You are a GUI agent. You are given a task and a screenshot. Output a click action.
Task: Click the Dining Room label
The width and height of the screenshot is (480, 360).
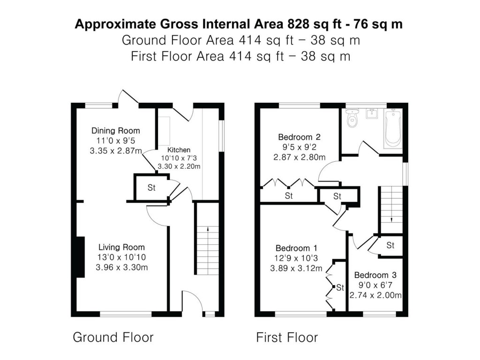coord(115,131)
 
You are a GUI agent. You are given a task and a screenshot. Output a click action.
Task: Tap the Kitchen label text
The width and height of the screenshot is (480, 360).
coord(178,150)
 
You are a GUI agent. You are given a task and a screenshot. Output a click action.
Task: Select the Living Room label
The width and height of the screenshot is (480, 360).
coord(121,247)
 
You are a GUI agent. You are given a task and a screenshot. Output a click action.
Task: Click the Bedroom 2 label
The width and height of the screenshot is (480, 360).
coord(299,137)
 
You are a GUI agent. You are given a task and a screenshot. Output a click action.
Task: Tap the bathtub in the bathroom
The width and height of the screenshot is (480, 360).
coord(393,129)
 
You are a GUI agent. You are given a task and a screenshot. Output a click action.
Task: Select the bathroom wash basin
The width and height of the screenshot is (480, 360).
coord(373,114)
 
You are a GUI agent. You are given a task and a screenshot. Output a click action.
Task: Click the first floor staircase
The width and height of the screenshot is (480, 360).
coord(391,206)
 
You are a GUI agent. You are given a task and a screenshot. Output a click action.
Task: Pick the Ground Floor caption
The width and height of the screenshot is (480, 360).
coord(113,337)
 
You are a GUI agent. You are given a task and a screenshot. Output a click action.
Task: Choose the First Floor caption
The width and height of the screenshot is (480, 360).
coord(287,337)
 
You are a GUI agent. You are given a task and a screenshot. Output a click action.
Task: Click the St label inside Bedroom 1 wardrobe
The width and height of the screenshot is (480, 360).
coord(340,287)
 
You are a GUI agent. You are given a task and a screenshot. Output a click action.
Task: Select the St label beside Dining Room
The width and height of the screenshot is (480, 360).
coord(151,188)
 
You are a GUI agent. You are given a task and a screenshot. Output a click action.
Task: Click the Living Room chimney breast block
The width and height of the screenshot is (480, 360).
coord(80,257)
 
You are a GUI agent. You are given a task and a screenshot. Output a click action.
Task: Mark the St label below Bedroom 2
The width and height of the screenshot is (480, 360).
coord(289,196)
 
